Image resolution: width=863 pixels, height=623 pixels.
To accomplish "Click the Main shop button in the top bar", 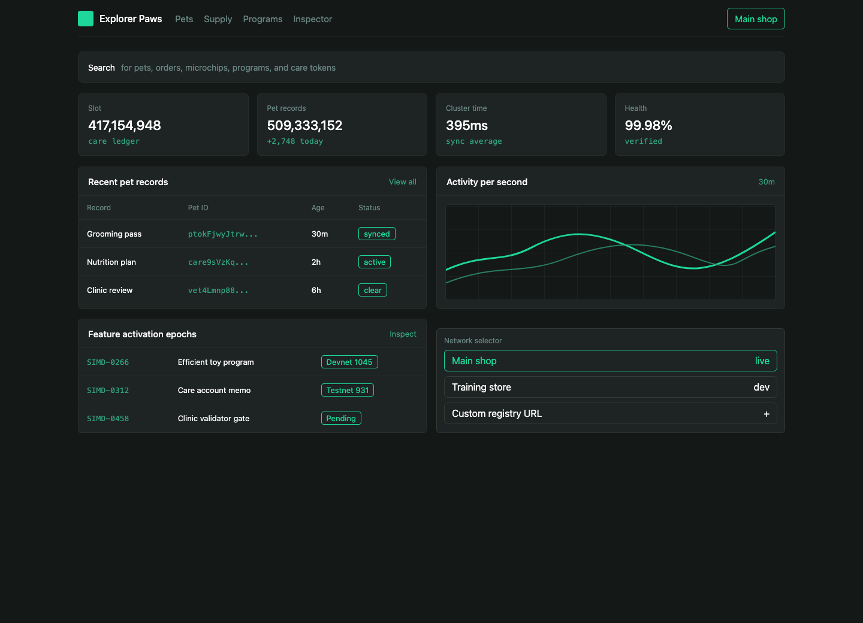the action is coord(756,19).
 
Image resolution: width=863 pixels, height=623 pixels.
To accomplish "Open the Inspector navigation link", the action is coord(312,19).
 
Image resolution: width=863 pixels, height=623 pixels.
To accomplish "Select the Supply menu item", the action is coord(218,19).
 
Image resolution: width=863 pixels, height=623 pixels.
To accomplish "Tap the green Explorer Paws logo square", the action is coord(86,19).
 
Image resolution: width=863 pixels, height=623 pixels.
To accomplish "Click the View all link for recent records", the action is coord(402,182).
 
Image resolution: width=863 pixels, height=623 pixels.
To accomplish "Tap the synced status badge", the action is coord(377,234).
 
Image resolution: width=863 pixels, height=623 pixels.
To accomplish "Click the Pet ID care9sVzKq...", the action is coord(218,262).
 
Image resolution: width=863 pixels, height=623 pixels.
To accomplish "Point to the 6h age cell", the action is coord(316,291).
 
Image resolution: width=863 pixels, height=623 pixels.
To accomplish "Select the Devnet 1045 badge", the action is coord(349,362).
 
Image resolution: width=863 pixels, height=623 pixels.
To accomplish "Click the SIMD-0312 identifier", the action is coord(108,391).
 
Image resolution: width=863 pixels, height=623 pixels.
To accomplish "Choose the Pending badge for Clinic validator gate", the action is coord(341,418).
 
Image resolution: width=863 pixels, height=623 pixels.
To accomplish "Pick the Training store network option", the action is coord(610,387).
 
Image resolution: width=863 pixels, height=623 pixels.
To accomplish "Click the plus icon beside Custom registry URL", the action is coord(767,414).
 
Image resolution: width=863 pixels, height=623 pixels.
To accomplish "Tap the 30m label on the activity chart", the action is coord(767,182).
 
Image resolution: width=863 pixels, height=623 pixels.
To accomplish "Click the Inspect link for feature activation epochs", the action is coord(403,334).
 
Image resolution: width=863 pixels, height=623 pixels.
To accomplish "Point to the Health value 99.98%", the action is coord(648,125).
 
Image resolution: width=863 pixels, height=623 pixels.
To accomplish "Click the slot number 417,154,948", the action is coord(125,125).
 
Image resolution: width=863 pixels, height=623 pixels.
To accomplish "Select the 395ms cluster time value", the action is coord(466,125).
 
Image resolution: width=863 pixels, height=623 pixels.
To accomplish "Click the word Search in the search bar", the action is coord(101,68).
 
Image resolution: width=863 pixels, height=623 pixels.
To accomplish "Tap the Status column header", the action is coord(369,207).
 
